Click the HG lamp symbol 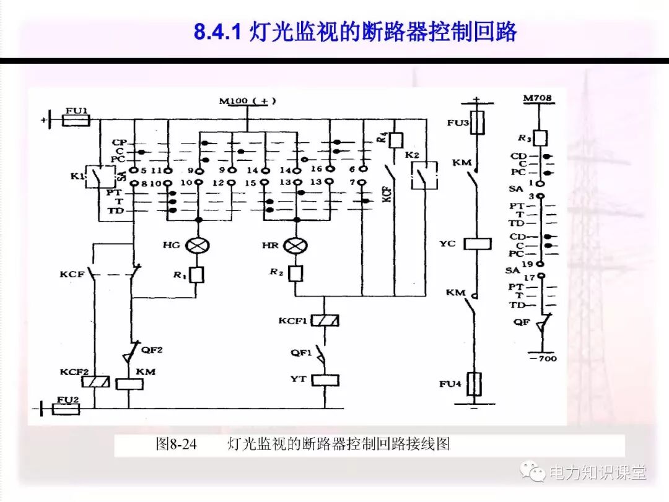click(x=198, y=246)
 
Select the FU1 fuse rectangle click(x=77, y=119)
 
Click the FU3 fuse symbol click(x=476, y=123)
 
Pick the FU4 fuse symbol click(x=475, y=384)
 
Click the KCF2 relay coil click(x=95, y=381)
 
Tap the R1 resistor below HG click(x=197, y=274)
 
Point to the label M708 click(x=537, y=98)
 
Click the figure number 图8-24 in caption click(x=177, y=444)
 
